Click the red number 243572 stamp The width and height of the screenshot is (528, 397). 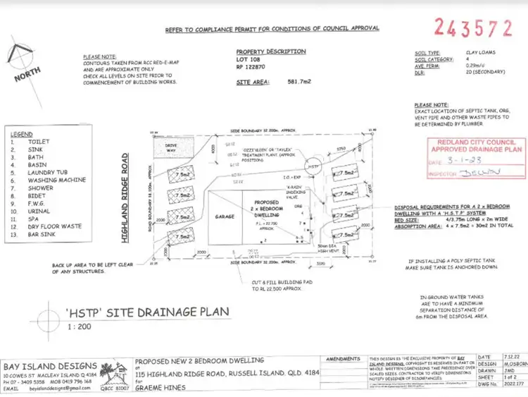tap(472, 28)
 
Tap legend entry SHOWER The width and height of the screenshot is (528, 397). tap(40, 188)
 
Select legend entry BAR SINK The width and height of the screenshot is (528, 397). tap(42, 233)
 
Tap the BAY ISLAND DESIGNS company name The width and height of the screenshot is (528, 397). tap(49, 365)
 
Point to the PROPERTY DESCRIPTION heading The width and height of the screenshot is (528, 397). tap(270, 52)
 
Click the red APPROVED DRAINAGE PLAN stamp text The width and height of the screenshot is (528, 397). tap(467, 149)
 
